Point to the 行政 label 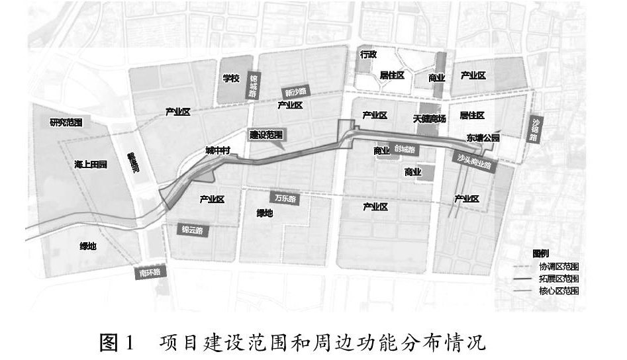[367, 55]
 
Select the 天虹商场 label [430, 119]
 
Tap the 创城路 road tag [404, 150]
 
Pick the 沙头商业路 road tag [473, 161]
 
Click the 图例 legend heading [541, 253]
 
